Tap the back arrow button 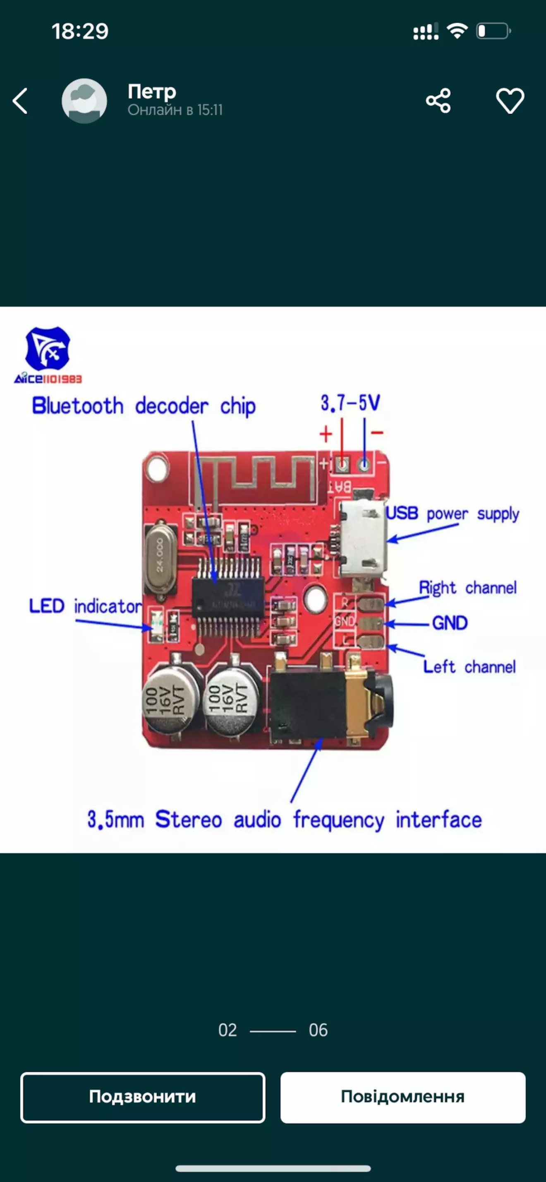(20, 101)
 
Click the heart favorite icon (510, 101)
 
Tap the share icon (438, 101)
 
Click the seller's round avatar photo (84, 101)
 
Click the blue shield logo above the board (48, 348)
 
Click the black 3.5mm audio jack (321, 702)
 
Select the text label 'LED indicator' (85, 607)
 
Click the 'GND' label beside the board (450, 623)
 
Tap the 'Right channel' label (467, 588)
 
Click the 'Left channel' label (469, 667)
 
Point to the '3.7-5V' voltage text (350, 403)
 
